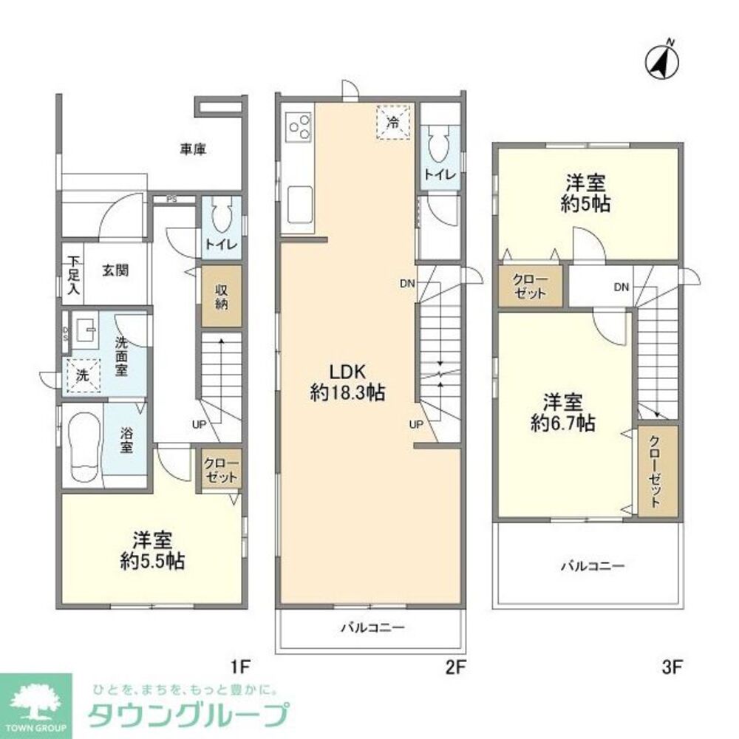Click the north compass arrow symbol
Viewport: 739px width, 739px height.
663,61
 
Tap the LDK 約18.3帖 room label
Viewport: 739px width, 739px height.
347,382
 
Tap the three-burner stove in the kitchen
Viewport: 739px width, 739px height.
299,126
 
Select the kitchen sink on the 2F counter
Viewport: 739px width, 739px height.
299,201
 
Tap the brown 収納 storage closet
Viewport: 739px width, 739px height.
222,296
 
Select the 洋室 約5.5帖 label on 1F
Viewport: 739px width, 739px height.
152,551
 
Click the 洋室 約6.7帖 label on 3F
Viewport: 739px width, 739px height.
564,414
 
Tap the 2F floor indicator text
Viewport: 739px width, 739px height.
454,668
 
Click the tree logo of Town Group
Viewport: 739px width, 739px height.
35,698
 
